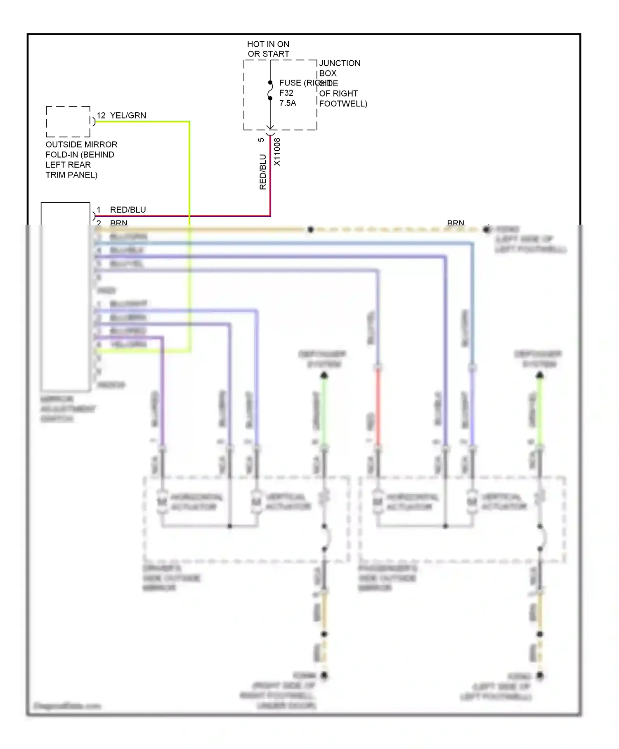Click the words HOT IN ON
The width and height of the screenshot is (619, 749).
click(268, 44)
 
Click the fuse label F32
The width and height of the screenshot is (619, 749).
click(286, 93)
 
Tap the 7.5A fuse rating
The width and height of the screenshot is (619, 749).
click(288, 103)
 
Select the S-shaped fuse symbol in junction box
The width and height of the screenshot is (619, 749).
click(270, 90)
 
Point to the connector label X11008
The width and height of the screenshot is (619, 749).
click(277, 152)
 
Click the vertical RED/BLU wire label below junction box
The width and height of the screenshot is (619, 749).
click(263, 172)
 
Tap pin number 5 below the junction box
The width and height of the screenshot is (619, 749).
click(261, 140)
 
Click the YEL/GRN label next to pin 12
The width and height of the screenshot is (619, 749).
click(128, 116)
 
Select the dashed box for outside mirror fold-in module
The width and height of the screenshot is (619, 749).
click(68, 122)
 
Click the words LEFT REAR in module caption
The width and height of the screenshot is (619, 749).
click(68, 165)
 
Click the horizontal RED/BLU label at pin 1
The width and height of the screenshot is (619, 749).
click(128, 210)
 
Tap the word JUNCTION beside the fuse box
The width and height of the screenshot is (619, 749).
click(340, 63)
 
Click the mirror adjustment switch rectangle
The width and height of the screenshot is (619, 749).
click(65, 296)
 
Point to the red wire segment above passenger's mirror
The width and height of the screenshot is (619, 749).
click(378, 407)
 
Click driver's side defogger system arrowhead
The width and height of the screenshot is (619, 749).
click(324, 375)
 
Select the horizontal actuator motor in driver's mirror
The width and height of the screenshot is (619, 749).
click(162, 502)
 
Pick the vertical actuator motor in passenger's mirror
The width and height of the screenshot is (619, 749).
click(472, 502)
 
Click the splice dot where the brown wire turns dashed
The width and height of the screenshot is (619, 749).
click(311, 230)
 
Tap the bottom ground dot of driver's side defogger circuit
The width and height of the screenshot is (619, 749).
click(324, 676)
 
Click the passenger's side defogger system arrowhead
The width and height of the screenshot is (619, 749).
click(540, 375)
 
